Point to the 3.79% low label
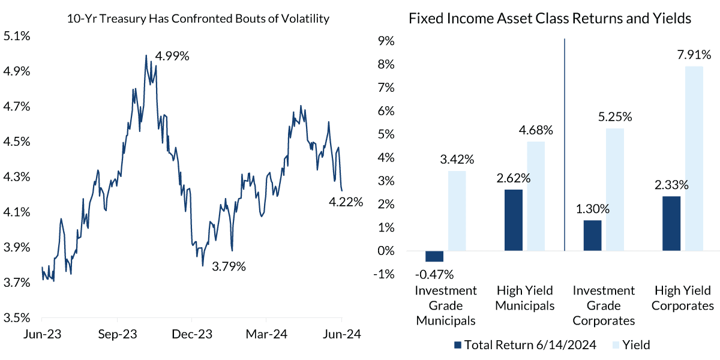click(229, 266)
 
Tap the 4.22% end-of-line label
click(346, 202)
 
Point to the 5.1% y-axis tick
click(16, 36)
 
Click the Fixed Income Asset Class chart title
click(550, 19)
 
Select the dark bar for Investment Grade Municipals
click(434, 256)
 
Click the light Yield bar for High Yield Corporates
click(693, 158)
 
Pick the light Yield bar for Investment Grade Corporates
click(614, 190)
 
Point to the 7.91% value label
click(693, 55)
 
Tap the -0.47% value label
click(434, 275)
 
